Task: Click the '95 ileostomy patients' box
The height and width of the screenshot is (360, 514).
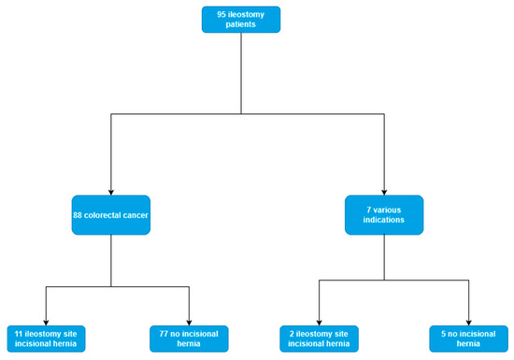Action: [x=241, y=20]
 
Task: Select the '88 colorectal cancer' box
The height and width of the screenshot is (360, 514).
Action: [x=110, y=215]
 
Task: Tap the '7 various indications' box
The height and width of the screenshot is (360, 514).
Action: [x=383, y=215]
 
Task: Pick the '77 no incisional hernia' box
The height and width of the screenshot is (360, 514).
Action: [x=189, y=338]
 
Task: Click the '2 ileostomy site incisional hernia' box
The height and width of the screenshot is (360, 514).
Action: [x=319, y=338]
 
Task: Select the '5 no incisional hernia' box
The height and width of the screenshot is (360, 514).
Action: [x=468, y=338]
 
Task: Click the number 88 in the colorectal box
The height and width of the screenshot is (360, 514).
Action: [x=79, y=215]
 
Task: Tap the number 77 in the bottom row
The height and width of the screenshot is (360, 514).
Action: [x=164, y=332]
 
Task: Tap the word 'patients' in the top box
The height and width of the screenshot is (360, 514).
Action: [x=241, y=25]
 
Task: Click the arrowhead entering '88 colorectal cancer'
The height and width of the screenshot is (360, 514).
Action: [x=110, y=191]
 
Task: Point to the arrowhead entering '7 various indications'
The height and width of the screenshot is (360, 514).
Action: [x=383, y=191]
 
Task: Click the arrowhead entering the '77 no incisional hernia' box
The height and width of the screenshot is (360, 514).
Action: [x=189, y=321]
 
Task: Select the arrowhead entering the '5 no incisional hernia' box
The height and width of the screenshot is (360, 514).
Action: [x=468, y=321]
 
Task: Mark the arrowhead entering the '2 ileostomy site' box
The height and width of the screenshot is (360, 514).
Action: [x=319, y=321]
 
